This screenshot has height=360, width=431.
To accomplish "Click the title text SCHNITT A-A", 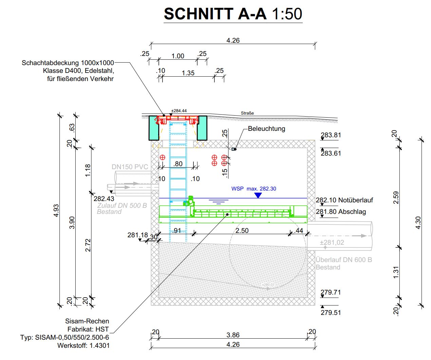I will coord(215,14).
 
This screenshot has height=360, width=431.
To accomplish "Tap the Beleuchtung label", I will coord(266,129).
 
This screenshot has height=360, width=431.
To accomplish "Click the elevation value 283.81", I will coord(331,135).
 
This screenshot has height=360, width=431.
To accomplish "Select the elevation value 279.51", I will coord(331,313).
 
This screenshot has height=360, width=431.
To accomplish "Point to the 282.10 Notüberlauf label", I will coord(344,200).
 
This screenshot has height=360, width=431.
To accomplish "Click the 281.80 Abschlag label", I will coord(341,212).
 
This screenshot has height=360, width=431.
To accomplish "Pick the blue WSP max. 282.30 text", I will coord(254,189).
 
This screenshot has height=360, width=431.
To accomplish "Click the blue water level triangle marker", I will coord(258,195).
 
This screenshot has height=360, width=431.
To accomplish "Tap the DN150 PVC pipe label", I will coord(130,167).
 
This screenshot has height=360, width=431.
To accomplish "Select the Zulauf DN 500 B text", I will coord(122,205).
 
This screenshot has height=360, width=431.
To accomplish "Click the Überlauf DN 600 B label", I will coord(343,260).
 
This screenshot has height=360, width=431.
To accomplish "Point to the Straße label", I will coord(247,113).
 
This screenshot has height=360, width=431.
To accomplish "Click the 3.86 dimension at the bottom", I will coord(233,335).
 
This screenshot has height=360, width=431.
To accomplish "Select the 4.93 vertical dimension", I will coord(56,210).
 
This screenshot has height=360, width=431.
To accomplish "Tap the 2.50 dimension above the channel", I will coord(242,231).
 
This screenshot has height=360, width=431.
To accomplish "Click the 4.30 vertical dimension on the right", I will coord(418,223).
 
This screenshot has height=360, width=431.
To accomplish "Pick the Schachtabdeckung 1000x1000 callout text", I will coord(68,63).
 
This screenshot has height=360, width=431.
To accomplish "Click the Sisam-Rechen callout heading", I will coord(87,321).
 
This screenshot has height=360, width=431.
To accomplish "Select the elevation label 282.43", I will coord(104,199).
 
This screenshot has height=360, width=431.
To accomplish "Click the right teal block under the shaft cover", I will coord(202,128).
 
